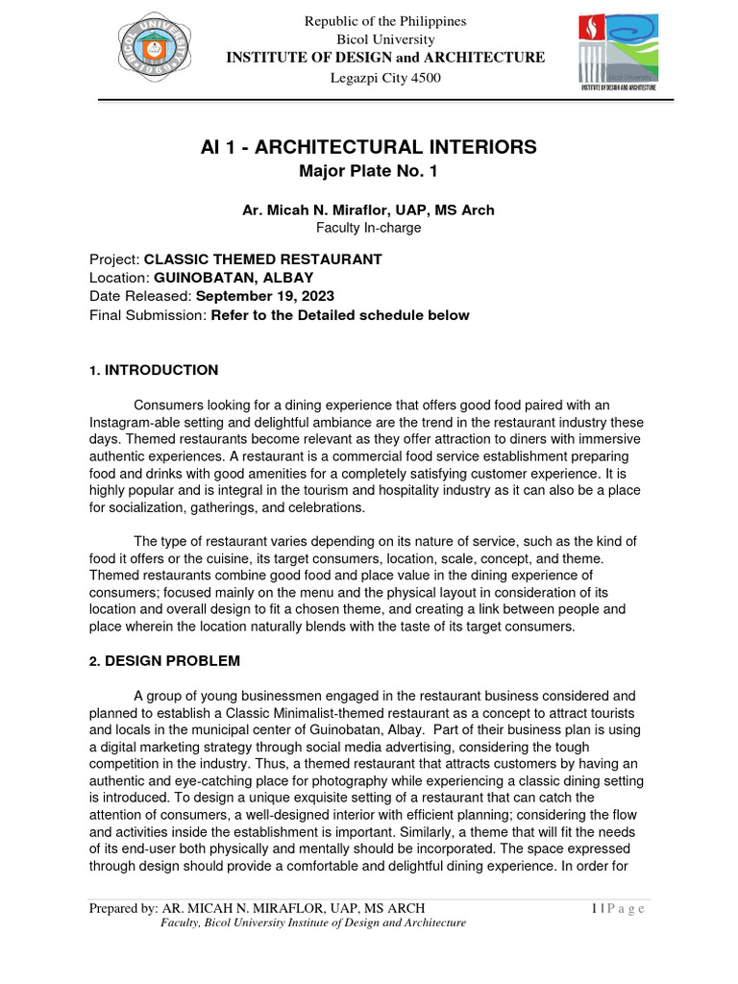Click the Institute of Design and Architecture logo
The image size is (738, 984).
click(618, 53)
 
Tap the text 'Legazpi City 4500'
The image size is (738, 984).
click(385, 77)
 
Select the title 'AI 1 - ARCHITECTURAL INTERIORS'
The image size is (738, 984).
click(369, 147)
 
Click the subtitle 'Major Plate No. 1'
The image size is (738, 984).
click(369, 173)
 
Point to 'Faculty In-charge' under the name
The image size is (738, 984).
click(369, 228)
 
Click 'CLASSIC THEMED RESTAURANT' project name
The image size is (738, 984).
click(262, 259)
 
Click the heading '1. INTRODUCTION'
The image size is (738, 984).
click(154, 370)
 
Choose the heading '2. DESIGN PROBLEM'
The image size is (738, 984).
click(164, 661)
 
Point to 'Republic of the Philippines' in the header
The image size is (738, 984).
click(385, 21)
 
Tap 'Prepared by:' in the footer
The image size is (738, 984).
click(123, 908)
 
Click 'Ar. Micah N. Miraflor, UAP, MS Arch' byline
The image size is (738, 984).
click(369, 210)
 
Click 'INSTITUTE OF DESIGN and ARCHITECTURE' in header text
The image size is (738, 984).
click(385, 58)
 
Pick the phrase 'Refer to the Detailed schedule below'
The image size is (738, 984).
click(340, 315)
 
